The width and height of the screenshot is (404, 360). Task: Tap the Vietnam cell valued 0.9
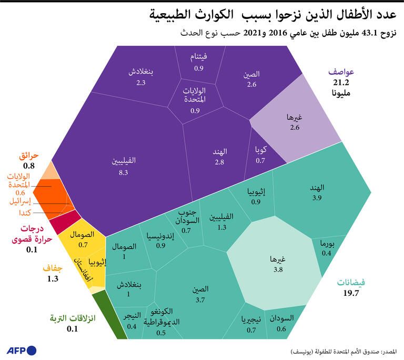[x=198, y=62]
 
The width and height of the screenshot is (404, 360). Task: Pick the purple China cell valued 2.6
[x=251, y=79]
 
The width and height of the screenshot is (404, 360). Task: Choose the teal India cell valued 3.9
[x=317, y=192]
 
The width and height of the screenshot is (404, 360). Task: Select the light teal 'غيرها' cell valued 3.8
[x=277, y=264]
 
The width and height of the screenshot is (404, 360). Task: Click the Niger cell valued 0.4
[x=132, y=320]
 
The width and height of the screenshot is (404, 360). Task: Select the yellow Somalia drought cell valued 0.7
[x=83, y=239]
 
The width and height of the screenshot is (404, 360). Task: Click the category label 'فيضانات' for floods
[x=350, y=283]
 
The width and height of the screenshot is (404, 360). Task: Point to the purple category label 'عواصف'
[x=341, y=72]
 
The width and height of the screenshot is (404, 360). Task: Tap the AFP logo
[x=21, y=350]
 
